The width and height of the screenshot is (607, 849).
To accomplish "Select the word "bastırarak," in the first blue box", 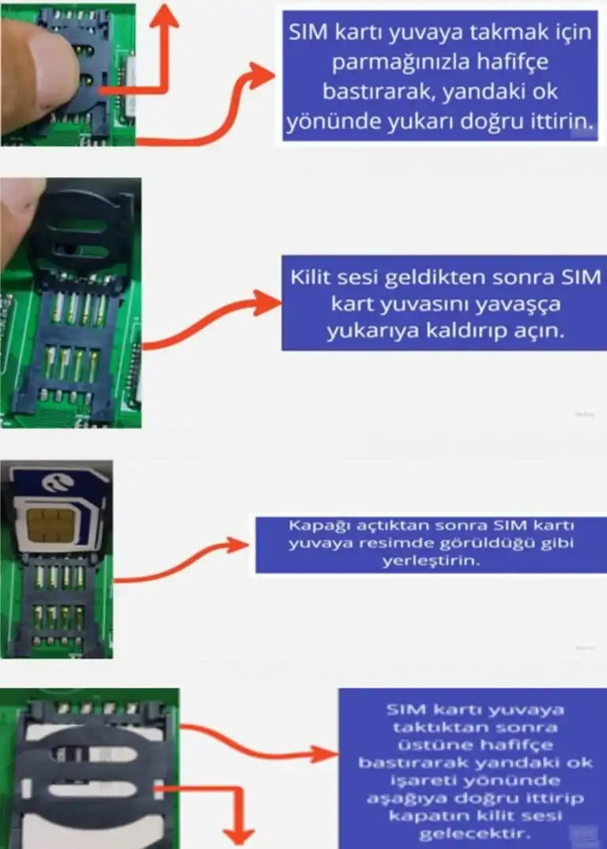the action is (x=380, y=92).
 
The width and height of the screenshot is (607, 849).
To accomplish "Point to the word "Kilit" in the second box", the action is (x=311, y=277).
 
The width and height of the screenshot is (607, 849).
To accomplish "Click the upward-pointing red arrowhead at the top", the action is (x=164, y=17).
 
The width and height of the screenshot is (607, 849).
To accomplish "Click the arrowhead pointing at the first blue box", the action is (x=262, y=76).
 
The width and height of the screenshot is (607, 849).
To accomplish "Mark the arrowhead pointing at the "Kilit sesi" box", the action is (x=269, y=303).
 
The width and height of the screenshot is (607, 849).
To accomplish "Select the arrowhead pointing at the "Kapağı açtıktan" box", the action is (x=238, y=545).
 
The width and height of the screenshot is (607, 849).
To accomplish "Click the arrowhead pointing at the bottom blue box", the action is (x=325, y=753).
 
